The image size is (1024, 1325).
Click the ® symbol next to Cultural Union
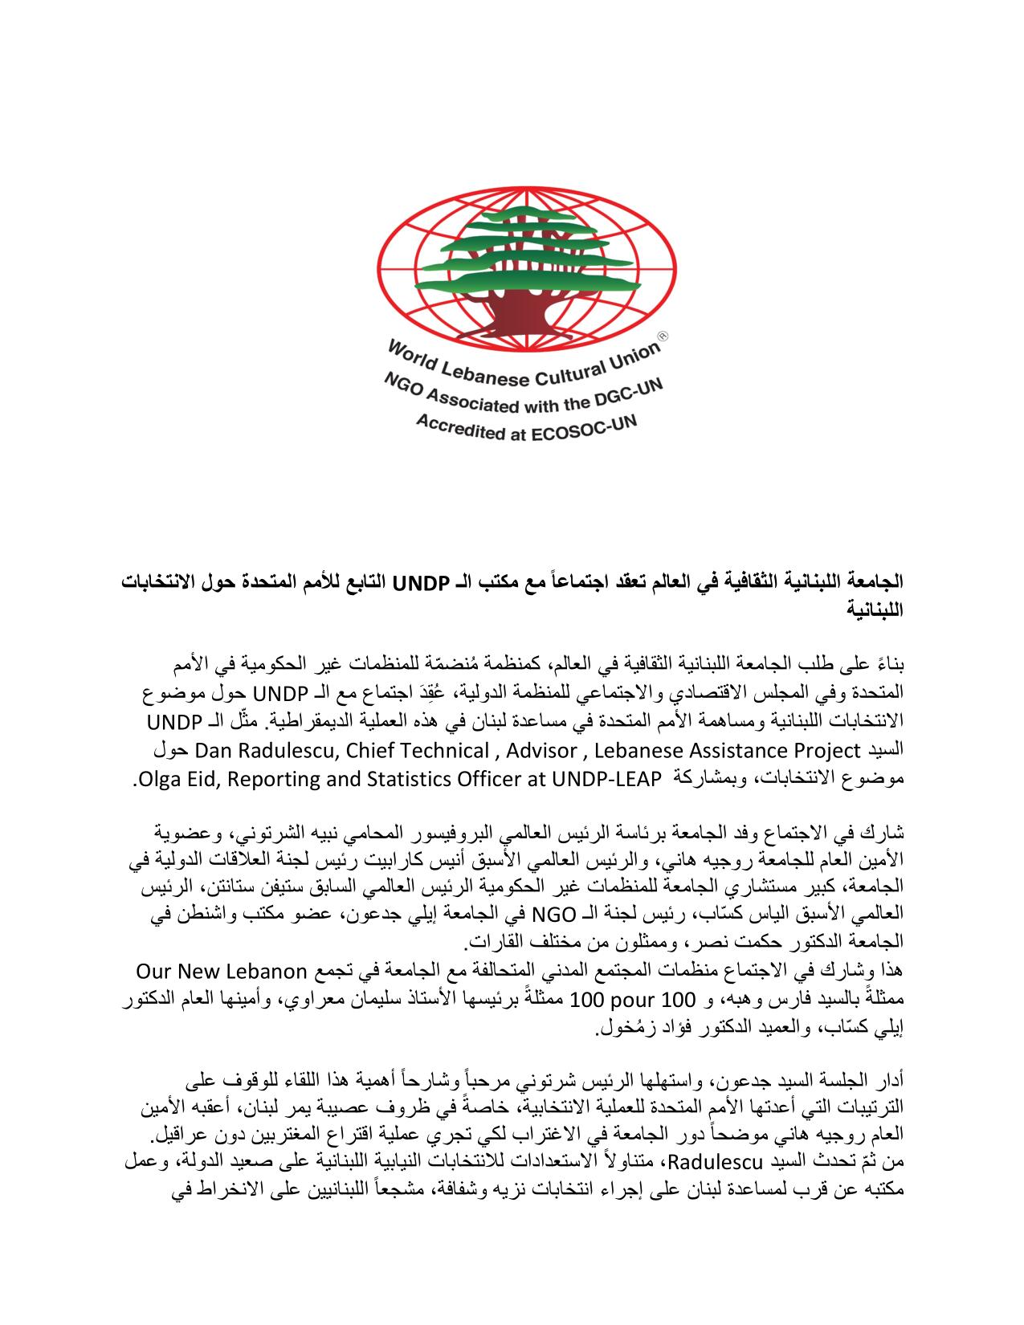click(x=663, y=339)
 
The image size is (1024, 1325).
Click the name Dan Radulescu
click(x=262, y=751)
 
